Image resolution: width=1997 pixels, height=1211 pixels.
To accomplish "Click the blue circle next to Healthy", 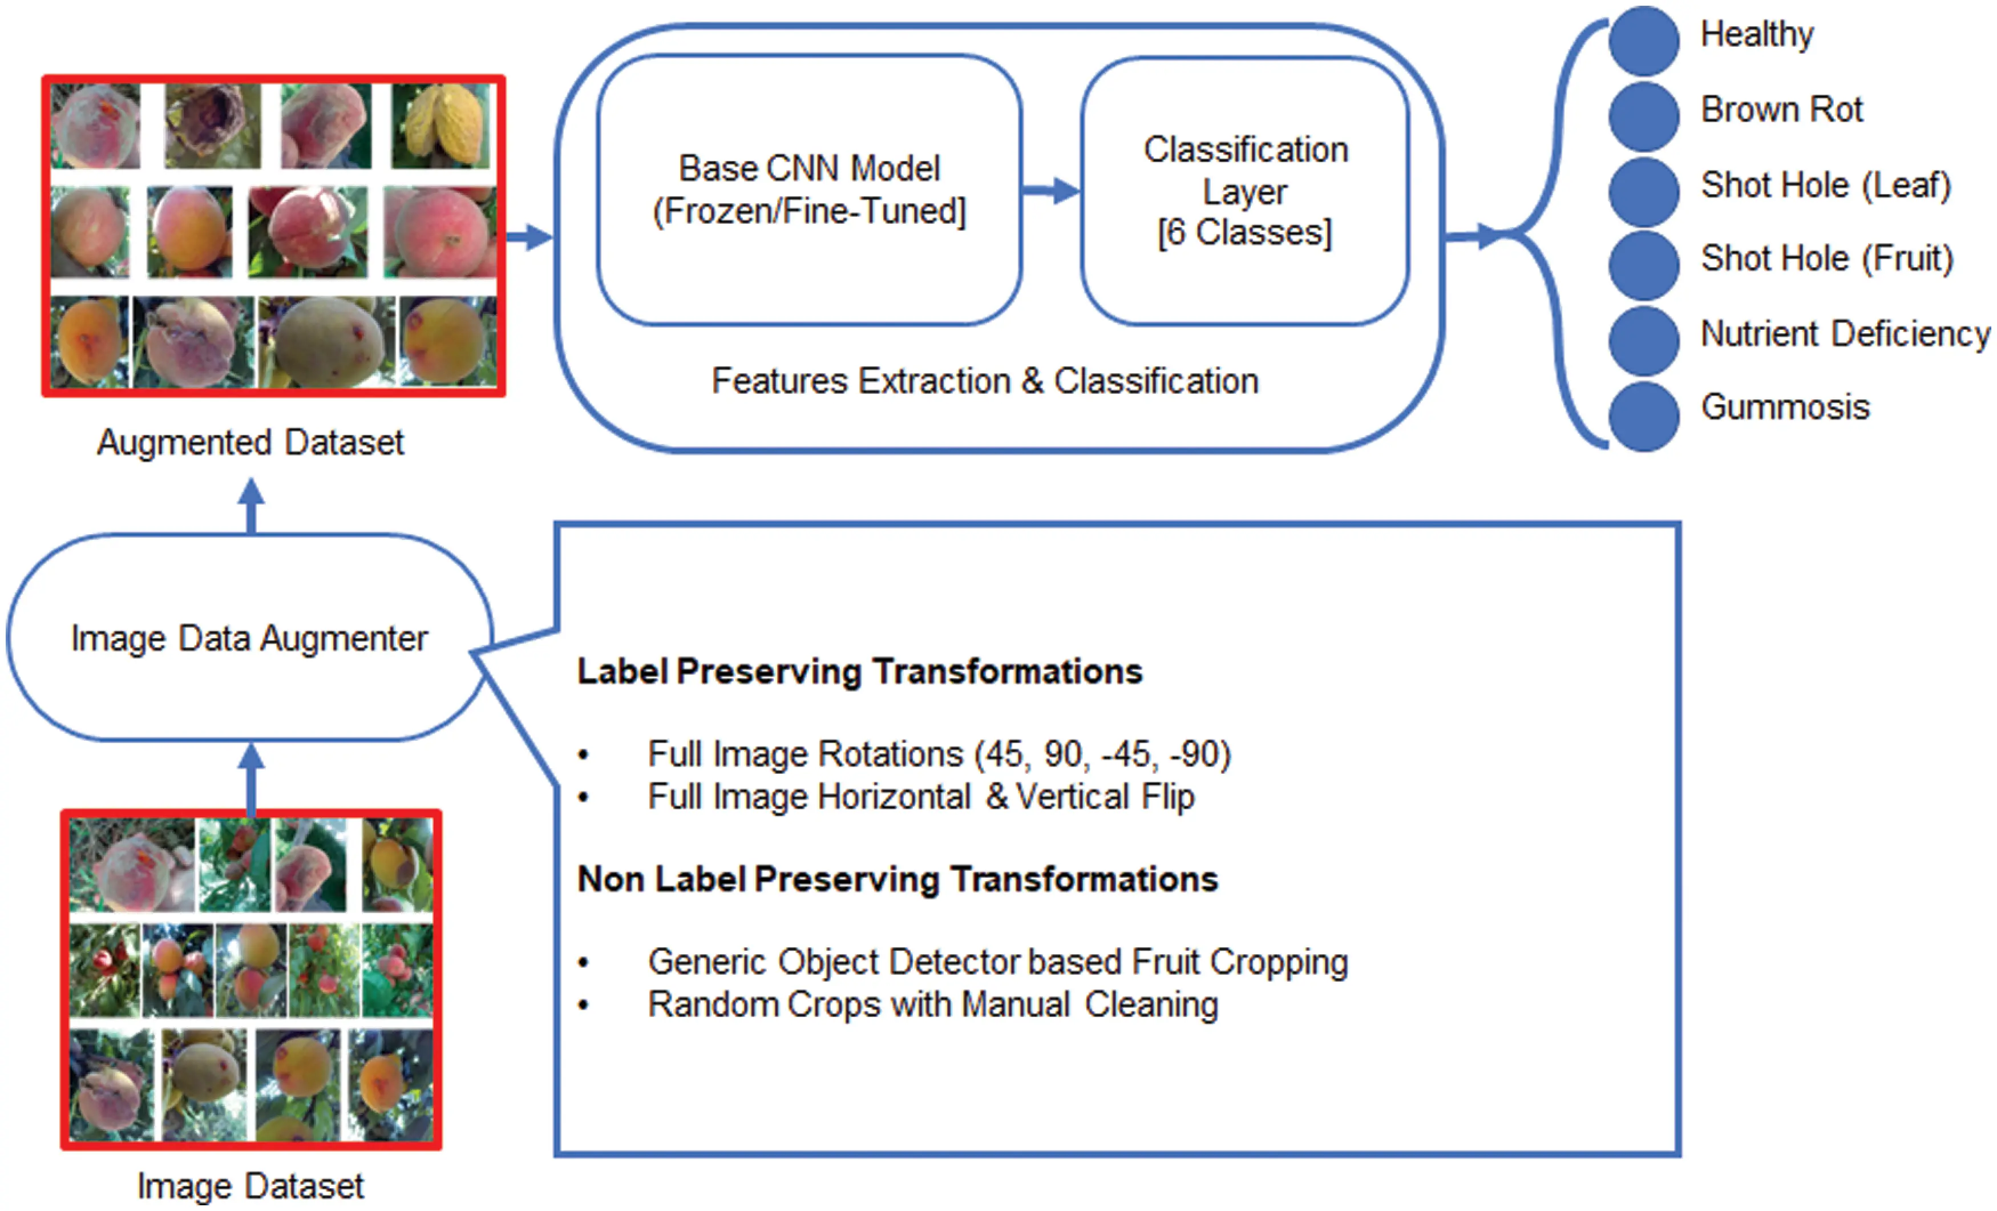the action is click(1644, 41).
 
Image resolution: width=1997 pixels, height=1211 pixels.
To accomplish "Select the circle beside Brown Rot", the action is click(1644, 116).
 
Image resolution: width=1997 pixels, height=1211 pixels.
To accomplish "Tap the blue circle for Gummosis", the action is click(1644, 417).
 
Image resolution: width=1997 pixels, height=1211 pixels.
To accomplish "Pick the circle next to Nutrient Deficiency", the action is click(1644, 341).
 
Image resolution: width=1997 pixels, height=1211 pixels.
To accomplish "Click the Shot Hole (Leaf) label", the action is click(1825, 185).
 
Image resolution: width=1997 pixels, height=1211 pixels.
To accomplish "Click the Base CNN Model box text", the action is click(809, 189).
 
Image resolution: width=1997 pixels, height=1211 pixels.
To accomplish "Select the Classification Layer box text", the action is click(1246, 191).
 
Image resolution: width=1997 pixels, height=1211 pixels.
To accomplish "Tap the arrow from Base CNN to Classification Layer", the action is click(1051, 191).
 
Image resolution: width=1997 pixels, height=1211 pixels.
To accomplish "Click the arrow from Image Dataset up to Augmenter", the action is click(251, 778).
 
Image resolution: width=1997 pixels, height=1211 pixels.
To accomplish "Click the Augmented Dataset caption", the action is click(250, 443).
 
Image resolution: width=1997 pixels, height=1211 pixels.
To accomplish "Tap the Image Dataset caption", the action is click(250, 1186).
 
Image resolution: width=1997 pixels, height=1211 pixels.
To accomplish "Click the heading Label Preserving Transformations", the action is click(859, 672).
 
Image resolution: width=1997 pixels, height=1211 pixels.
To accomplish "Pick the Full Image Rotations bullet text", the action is click(939, 754).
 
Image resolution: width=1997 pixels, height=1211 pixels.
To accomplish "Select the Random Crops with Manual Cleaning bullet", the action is click(932, 1005).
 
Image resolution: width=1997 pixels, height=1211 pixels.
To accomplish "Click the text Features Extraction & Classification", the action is click(985, 381).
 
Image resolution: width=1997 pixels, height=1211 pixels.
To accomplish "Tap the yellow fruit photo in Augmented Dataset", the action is click(441, 127).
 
